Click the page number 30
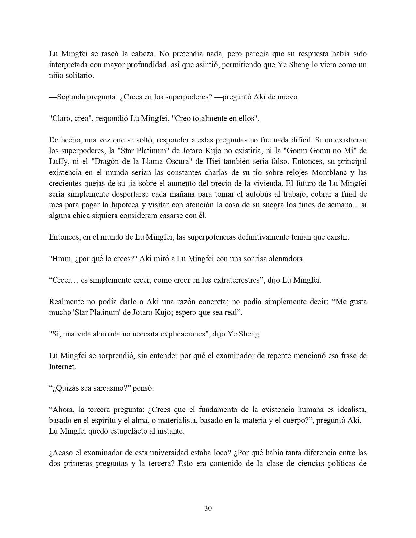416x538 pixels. coord(208,508)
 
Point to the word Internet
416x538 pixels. coord(62,366)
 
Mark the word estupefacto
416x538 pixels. coord(128,431)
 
